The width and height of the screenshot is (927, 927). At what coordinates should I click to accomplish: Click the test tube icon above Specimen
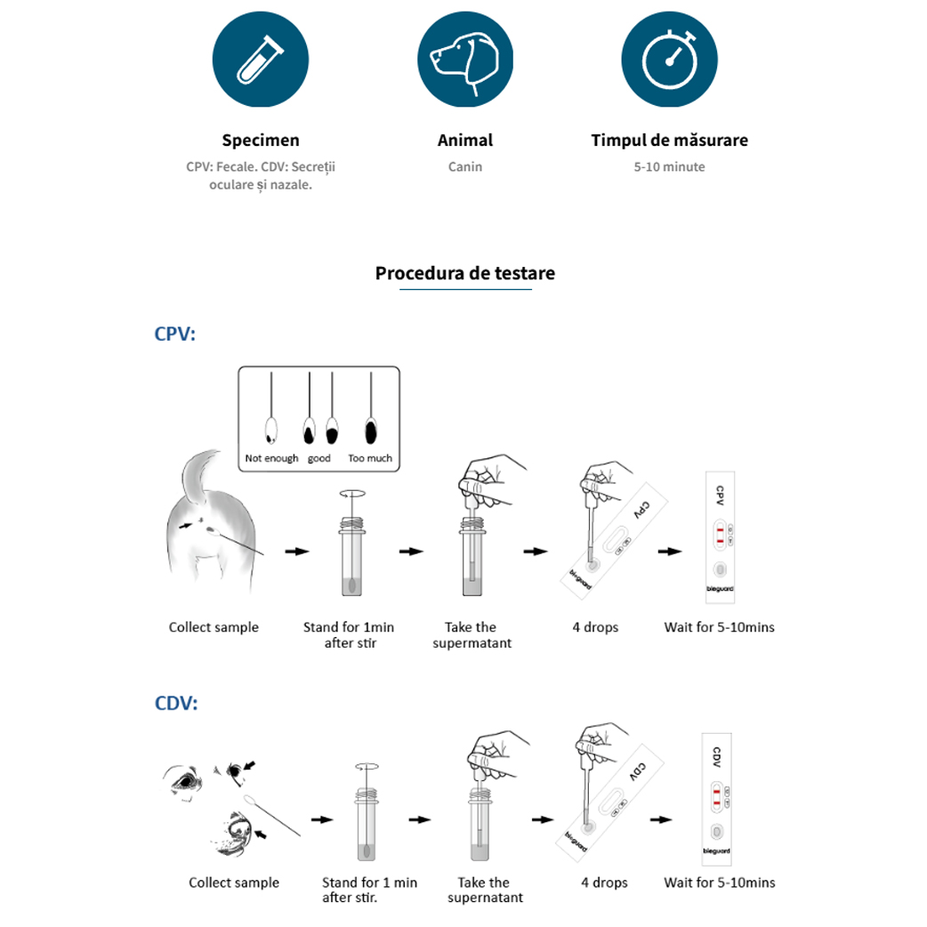click(x=261, y=60)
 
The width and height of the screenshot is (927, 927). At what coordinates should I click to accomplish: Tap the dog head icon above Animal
click(x=464, y=60)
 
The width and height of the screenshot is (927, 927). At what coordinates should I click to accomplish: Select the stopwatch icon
click(x=669, y=60)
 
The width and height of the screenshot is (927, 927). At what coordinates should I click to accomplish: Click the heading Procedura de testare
click(x=464, y=273)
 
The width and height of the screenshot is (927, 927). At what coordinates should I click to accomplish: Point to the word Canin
click(x=464, y=166)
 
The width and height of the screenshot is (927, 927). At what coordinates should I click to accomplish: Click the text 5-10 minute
click(x=669, y=166)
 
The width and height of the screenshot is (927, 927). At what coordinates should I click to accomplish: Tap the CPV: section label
click(x=174, y=334)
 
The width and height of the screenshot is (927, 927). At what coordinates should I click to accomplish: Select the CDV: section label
click(x=175, y=703)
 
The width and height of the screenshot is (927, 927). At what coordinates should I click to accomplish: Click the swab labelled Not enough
click(x=271, y=431)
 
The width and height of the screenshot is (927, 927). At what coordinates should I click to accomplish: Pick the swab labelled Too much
click(x=370, y=431)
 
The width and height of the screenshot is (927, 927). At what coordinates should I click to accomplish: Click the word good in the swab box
click(x=318, y=458)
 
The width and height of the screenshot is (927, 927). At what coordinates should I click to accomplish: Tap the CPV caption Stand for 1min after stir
click(x=349, y=634)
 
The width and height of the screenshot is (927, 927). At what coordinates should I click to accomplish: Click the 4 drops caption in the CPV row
click(x=595, y=627)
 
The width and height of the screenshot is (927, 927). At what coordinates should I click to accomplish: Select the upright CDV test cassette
click(x=716, y=799)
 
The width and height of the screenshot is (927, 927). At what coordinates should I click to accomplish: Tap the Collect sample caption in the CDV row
click(x=234, y=883)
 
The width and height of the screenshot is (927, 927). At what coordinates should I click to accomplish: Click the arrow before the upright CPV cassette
click(x=670, y=552)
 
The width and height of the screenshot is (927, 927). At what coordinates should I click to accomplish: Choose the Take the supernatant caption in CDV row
click(x=485, y=890)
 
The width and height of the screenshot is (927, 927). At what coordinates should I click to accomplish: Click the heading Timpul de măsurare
click(x=669, y=141)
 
